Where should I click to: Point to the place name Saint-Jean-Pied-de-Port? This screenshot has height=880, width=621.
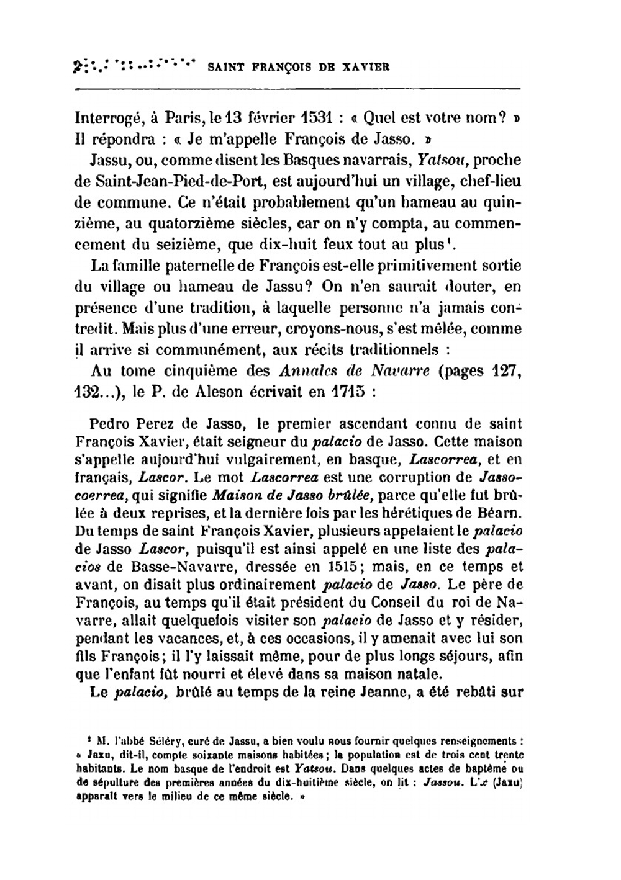point(162,183)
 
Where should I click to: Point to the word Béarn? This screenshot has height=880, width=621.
point(501,513)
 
